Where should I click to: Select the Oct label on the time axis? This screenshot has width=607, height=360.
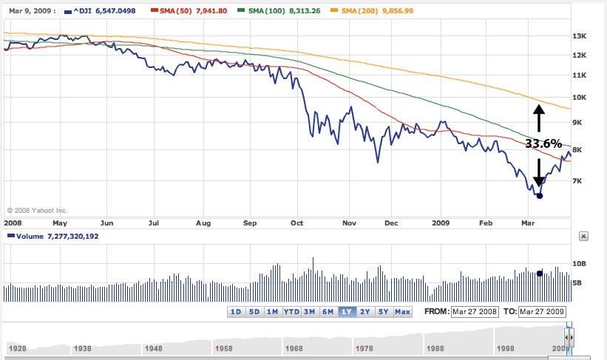coord(297,222)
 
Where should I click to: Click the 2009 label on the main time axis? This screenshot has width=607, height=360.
coord(441,222)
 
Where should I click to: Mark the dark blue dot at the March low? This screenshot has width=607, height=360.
coord(539,195)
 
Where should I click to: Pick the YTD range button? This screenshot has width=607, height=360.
coord(291,311)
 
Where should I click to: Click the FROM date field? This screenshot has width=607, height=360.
coord(475,311)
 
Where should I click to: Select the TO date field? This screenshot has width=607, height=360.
coord(543,311)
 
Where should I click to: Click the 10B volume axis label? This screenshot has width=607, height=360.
coord(579,264)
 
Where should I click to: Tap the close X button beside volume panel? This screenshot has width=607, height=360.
coord(583,237)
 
